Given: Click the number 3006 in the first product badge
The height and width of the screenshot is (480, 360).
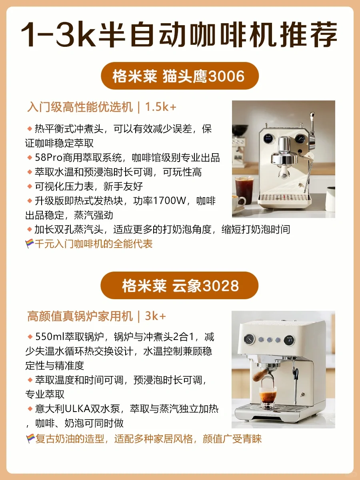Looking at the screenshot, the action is pos(226,76).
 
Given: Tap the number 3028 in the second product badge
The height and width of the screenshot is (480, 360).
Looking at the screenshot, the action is pos(220,286).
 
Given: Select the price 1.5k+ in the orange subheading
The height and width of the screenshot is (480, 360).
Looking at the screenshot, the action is pos(161,107).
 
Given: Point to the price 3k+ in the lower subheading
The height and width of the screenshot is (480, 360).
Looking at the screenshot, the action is pos(156,316).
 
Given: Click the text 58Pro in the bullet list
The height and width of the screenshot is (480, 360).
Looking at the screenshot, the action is pos(49,158).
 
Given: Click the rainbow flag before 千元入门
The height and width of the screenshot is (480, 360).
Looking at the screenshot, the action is pos(30,243).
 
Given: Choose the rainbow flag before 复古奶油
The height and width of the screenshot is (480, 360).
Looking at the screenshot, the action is pos(30,439).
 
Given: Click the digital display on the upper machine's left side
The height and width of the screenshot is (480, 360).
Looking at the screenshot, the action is pos(268,138).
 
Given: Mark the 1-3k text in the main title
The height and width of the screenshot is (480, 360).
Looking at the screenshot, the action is pos(58,34).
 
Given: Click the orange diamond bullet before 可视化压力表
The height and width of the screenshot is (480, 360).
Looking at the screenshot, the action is pos(30,186).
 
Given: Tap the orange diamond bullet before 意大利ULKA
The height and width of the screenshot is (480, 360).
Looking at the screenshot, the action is pos(30,409).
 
